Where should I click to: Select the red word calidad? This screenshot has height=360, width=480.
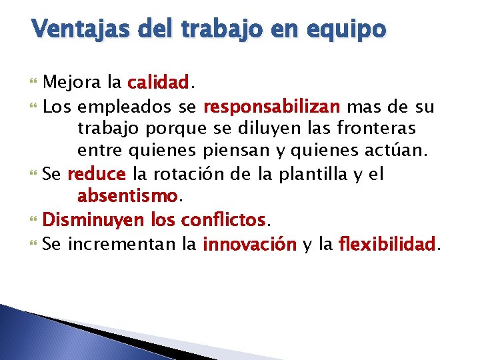(x=159, y=83)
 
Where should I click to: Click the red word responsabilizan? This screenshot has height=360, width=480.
(x=272, y=106)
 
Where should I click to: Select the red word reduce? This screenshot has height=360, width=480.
(x=97, y=175)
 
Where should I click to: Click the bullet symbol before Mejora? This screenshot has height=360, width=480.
(x=35, y=83)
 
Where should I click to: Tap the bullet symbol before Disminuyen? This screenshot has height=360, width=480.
(x=35, y=219)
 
